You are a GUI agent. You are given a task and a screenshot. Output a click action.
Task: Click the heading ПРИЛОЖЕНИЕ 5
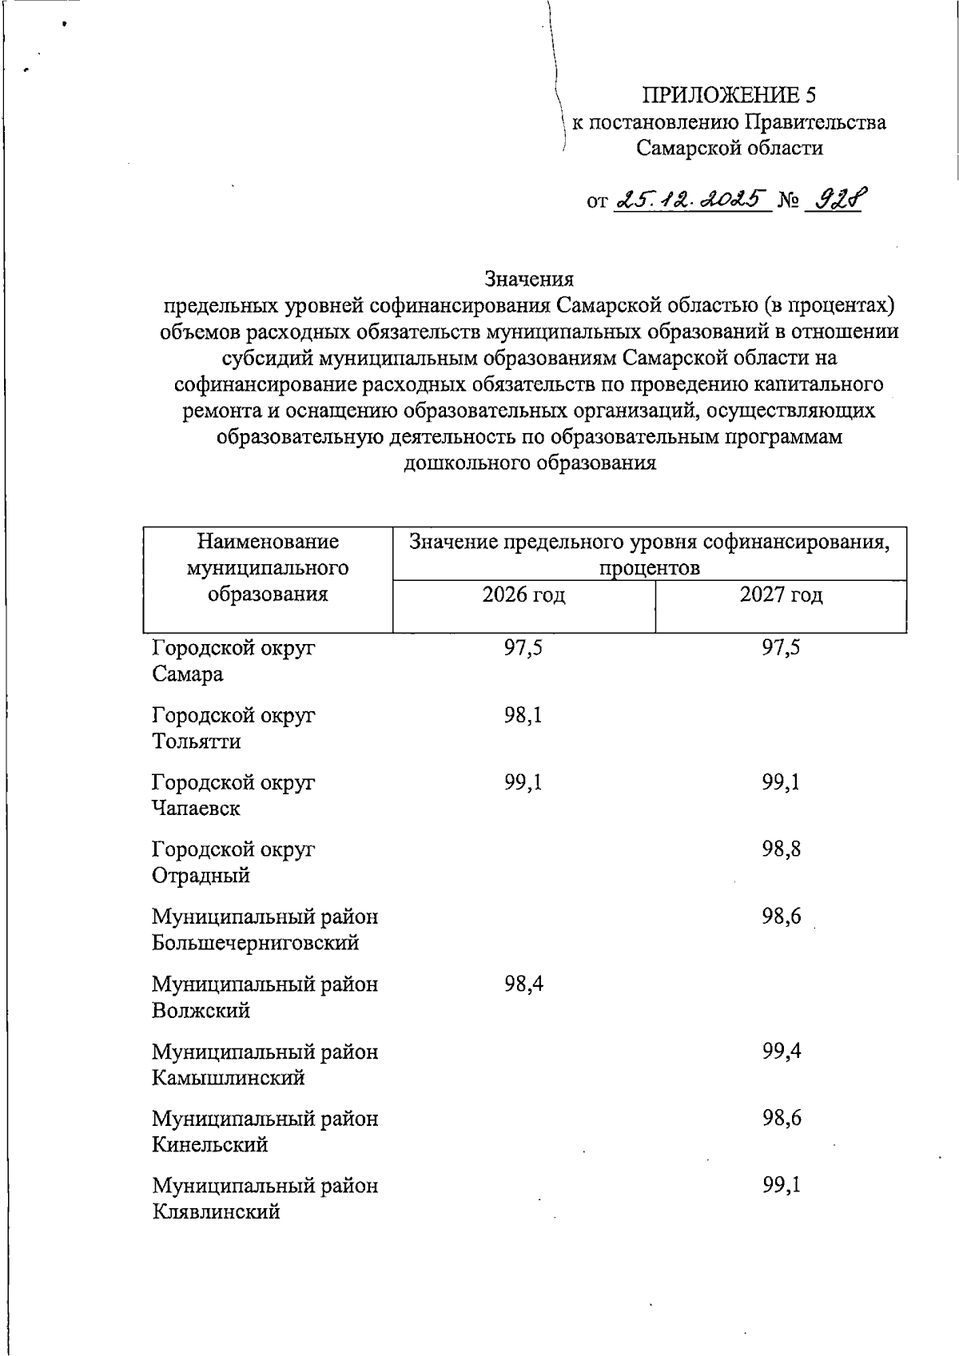[730, 95]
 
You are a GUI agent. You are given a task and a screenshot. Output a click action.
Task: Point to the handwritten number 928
[835, 197]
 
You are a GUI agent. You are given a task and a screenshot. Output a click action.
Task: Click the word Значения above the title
[529, 279]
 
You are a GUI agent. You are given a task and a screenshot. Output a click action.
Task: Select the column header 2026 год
[523, 595]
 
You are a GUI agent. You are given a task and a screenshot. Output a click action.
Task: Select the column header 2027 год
[781, 595]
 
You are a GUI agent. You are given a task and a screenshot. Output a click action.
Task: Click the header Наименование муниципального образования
[268, 568]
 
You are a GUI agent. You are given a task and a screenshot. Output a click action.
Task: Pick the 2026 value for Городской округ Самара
[523, 648]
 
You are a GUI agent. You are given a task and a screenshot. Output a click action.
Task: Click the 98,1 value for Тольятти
[523, 715]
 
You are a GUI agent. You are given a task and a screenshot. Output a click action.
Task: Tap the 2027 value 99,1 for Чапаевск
[781, 782]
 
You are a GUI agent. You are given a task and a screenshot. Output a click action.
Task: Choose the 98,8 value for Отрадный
[781, 849]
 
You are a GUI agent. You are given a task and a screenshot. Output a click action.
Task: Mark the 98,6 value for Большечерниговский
[781, 917]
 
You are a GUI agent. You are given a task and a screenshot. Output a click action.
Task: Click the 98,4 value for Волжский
[523, 984]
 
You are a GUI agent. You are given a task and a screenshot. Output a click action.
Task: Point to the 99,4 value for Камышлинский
[781, 1052]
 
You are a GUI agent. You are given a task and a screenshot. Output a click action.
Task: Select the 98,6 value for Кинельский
[781, 1119]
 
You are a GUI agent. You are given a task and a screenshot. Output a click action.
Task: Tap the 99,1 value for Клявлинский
[781, 1186]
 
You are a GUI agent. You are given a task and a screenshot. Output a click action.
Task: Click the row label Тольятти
[196, 742]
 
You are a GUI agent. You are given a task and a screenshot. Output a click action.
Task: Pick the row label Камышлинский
[229, 1079]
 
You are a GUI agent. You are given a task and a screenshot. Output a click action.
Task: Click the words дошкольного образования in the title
[530, 463]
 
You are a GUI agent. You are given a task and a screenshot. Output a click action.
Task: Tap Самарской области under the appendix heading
[730, 148]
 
